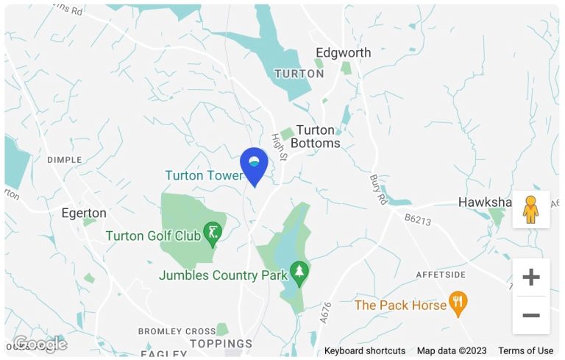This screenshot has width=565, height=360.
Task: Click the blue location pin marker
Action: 255,165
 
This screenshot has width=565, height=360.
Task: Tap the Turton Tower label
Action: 203,175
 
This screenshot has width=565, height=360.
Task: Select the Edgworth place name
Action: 343,53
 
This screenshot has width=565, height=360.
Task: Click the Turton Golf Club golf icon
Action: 213,233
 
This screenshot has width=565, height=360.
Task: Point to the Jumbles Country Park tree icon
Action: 299,274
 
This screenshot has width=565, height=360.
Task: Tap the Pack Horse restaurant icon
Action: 458,303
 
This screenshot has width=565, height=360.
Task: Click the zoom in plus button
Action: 530,277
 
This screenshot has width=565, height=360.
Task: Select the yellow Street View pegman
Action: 530,210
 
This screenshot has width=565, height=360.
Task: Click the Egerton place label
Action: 84,213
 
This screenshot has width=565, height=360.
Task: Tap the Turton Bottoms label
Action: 316,137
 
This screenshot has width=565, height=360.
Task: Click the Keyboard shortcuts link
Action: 364,350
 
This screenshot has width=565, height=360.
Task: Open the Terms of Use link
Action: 525,350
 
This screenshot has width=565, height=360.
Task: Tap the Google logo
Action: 40,344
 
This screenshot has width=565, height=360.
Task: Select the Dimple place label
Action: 64,160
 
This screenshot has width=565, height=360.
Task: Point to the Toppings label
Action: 221,344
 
